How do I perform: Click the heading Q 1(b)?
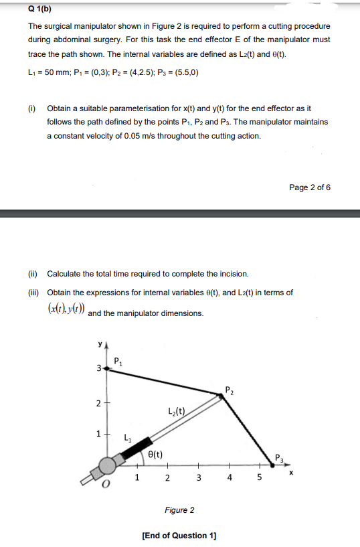(41, 10)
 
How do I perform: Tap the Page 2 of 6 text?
(310, 187)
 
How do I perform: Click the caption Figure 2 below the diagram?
(179, 510)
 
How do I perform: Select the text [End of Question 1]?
(179, 536)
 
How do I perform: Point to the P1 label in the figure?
(118, 362)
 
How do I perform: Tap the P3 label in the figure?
(280, 458)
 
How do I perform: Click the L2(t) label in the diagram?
(179, 410)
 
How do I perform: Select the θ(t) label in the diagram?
(153, 453)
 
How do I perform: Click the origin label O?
(105, 484)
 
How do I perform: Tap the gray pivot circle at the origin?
(107, 466)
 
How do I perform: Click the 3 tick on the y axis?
(98, 369)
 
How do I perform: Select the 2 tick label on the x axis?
(167, 478)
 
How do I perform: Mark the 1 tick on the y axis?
(98, 433)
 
